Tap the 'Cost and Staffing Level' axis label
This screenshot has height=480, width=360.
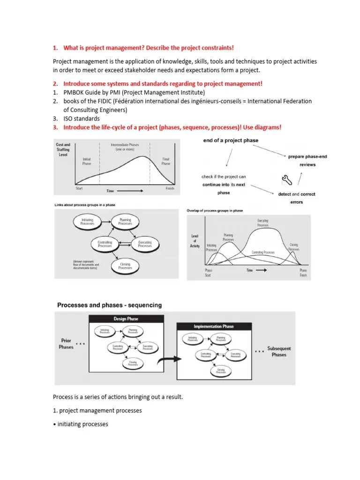pyautogui.click(x=63, y=150)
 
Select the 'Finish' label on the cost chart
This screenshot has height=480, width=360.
pyautogui.click(x=170, y=188)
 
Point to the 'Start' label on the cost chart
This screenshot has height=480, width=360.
pyautogui.click(x=80, y=188)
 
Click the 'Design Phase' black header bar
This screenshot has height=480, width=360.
pyautogui.click(x=126, y=319)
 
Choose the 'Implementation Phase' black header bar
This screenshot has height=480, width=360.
pyautogui.click(x=214, y=326)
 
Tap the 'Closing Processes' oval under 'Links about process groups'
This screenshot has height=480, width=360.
pyautogui.click(x=125, y=266)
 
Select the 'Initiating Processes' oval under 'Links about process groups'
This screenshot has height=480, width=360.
pyautogui.click(x=87, y=222)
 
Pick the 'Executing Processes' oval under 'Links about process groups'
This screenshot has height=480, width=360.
pyautogui.click(x=145, y=244)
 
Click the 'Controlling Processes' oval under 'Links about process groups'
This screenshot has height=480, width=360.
pyautogui.click(x=105, y=244)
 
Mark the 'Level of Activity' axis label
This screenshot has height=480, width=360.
pyautogui.click(x=195, y=241)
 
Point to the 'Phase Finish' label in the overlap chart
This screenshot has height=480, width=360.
pyautogui.click(x=303, y=273)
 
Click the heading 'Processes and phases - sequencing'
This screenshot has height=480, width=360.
pyautogui.click(x=109, y=305)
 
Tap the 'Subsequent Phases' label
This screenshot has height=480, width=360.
pyautogui.click(x=279, y=352)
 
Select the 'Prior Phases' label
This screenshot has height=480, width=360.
pyautogui.click(x=66, y=344)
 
